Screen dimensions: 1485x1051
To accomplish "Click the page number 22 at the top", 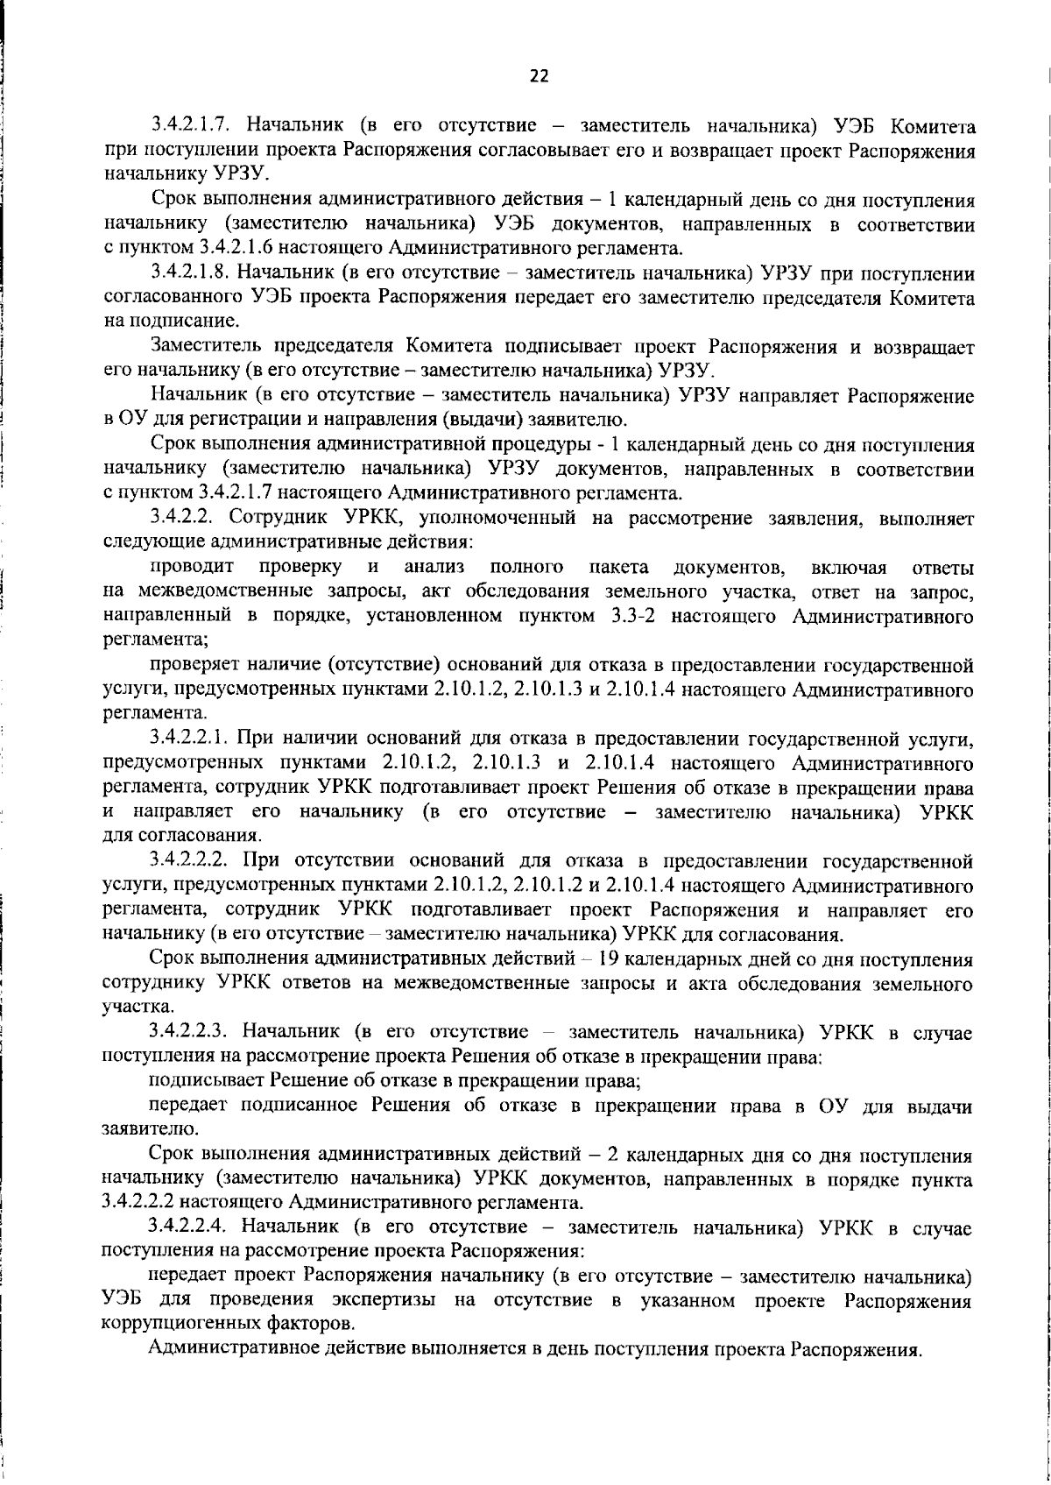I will point(539,76).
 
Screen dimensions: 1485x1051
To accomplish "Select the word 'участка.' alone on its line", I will point(129,1007).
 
